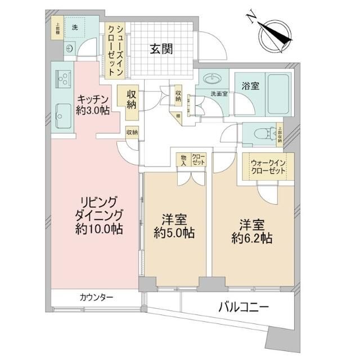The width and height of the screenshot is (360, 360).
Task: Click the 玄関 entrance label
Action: tap(161, 49)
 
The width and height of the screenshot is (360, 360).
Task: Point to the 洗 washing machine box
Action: tap(74, 28)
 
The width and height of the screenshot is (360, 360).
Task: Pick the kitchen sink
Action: tap(61, 116)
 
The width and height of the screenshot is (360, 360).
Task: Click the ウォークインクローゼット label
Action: tap(268, 167)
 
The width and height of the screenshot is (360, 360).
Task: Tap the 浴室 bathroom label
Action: tap(250, 86)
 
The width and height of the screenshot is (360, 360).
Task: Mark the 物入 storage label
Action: tap(183, 159)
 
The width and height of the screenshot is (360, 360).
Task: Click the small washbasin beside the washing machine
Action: tap(70, 48)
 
